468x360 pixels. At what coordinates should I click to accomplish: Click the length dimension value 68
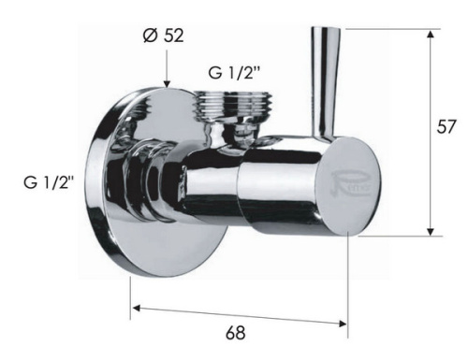(x=236, y=332)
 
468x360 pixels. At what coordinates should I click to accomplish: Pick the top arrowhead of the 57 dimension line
(x=431, y=34)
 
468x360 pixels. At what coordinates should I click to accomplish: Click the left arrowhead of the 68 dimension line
(x=135, y=307)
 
